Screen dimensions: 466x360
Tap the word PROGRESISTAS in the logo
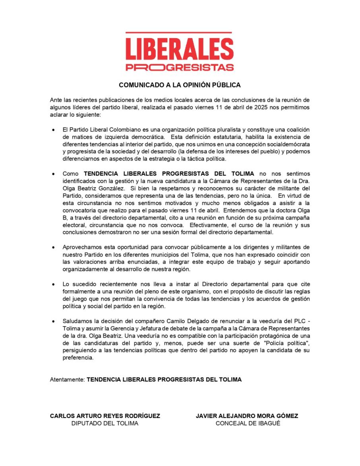click(x=180, y=67)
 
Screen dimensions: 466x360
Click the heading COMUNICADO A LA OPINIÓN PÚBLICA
click(x=180, y=85)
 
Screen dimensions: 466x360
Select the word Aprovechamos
click(x=82, y=247)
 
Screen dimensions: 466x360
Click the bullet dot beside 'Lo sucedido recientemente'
click(x=53, y=284)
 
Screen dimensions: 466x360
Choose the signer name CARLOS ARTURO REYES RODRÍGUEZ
click(x=105, y=416)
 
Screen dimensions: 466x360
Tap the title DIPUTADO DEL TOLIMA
click(x=105, y=423)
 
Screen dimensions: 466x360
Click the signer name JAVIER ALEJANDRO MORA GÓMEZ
click(x=247, y=416)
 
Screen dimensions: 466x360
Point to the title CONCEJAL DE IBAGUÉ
click(x=248, y=423)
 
